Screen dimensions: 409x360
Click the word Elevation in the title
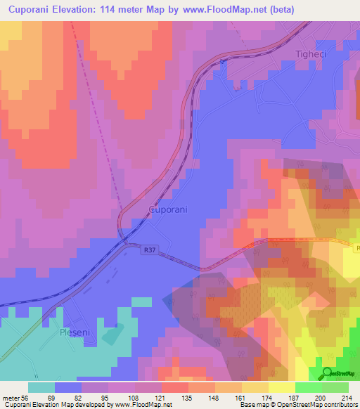coord(81,9)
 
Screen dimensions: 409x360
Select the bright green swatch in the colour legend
coord(309,387)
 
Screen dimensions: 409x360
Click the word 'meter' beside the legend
coord(11,397)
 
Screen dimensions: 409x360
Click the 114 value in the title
coord(122,9)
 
